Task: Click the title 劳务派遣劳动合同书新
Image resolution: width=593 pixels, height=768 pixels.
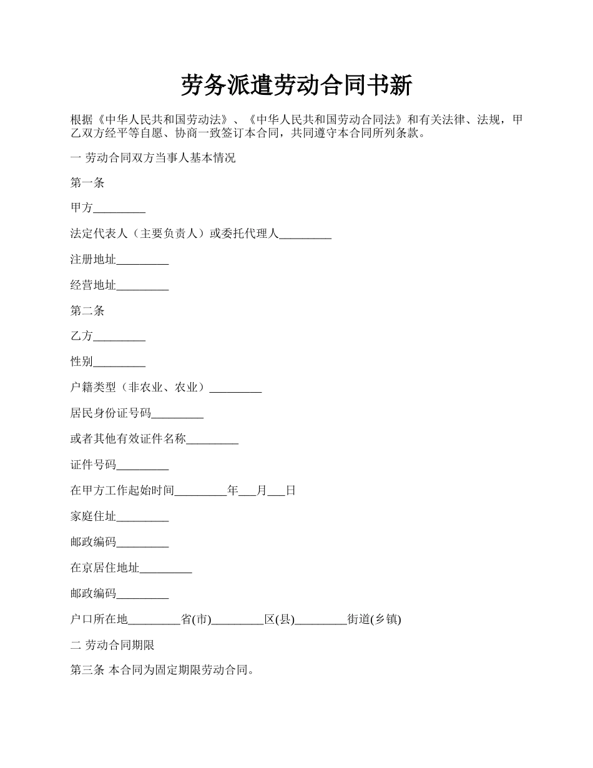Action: [x=296, y=86]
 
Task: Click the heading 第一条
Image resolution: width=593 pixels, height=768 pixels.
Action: [x=87, y=183]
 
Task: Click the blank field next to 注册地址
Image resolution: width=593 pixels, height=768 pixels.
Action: [x=142, y=260]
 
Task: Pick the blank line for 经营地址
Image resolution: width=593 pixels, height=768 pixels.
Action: [x=142, y=286]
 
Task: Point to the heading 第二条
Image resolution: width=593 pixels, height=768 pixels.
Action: [x=87, y=311]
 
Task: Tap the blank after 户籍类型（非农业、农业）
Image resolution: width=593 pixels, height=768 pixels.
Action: [x=235, y=388]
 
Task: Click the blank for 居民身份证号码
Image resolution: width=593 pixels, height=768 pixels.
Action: [x=177, y=413]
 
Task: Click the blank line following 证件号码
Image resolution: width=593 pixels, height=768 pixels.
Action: [x=142, y=465]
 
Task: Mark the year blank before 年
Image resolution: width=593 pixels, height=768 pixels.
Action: [x=200, y=491]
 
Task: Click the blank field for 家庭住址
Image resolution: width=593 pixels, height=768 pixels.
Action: [x=142, y=516]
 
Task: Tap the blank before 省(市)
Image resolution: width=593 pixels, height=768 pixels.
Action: [x=154, y=619]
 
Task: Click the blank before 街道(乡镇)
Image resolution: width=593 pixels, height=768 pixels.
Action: [x=321, y=619]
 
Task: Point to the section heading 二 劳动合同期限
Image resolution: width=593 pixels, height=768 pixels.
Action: [x=112, y=645]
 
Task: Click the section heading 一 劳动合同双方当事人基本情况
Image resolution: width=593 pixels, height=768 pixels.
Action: [x=153, y=157]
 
